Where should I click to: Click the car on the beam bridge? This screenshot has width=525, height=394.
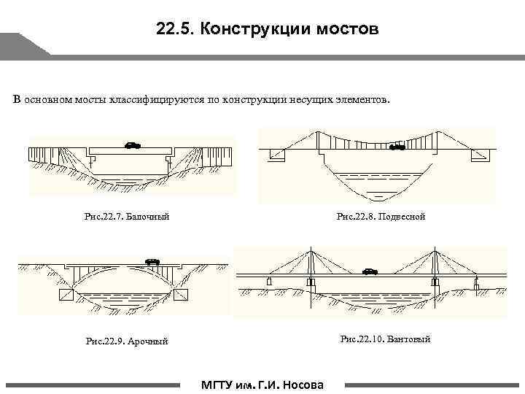pos(133,144)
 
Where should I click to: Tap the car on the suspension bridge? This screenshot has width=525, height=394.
pos(397,147)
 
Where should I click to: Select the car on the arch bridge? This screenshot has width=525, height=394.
pos(152,260)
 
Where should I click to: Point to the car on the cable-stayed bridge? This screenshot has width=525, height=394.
pos(370,271)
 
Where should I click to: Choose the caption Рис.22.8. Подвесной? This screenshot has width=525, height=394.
pos(380,216)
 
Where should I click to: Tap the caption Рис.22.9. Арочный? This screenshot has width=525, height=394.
pos(127,341)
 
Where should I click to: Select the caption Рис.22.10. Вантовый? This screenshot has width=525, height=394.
pos(385,339)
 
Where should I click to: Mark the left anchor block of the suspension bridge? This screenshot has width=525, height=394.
pos(279,155)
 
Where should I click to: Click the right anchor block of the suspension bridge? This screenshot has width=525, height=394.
pos(478,155)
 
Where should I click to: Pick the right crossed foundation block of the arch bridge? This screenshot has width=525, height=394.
pos(180,295)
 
